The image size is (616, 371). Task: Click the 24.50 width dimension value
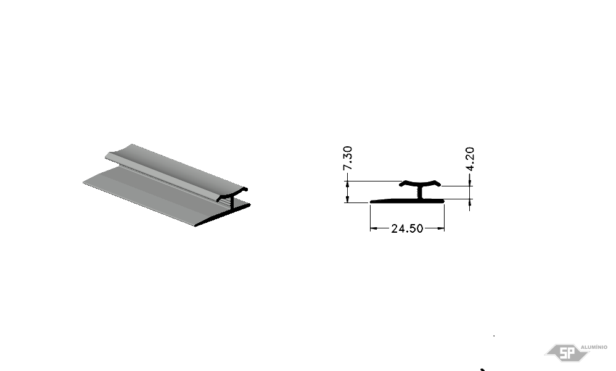coord(407,228)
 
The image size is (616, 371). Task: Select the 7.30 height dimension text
coord(348,158)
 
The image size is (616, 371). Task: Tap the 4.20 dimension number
coord(470,159)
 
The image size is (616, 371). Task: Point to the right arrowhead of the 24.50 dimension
coord(440,228)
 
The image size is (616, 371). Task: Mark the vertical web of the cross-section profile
coord(419,193)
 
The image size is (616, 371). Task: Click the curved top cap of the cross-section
coord(419,183)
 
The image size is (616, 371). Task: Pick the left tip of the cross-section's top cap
coord(400,184)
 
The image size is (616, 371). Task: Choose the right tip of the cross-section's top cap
coord(440,184)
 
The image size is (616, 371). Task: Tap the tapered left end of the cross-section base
coord(371,202)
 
